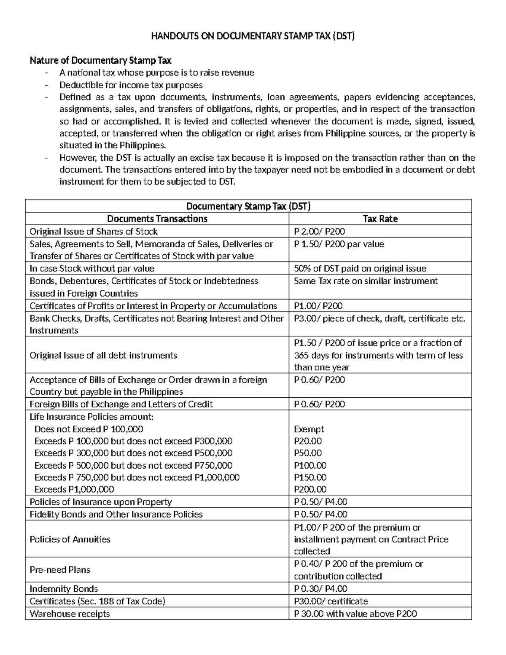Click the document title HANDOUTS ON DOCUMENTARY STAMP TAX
(253, 36)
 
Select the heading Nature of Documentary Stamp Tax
(100, 60)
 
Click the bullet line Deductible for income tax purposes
(131, 85)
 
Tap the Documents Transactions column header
(157, 218)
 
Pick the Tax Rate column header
(380, 218)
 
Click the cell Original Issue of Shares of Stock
(93, 231)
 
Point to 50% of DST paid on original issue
(360, 268)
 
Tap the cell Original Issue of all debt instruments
(103, 355)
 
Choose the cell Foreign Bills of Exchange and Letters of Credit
(121, 404)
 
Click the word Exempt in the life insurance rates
(309, 429)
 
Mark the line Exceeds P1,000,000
(74, 489)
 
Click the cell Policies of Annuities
(70, 539)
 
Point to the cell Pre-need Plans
(60, 569)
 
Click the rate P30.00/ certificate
(331, 601)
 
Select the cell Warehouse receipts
(70, 613)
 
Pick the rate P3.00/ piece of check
(379, 318)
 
